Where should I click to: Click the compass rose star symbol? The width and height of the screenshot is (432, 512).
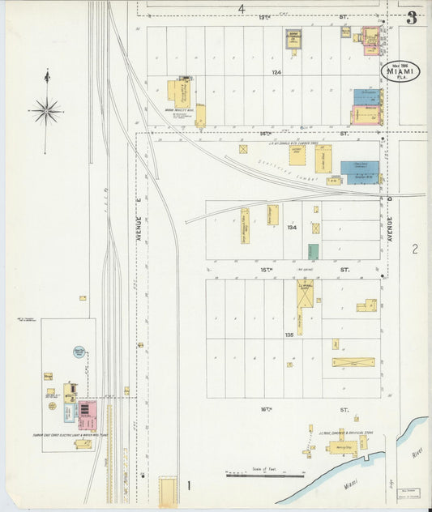[x=47, y=110]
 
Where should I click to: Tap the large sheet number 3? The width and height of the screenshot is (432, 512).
[x=412, y=18]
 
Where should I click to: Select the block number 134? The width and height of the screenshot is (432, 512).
[x=293, y=228]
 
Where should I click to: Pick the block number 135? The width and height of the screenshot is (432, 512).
[x=289, y=334]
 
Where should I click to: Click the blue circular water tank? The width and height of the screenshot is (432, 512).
[x=79, y=352]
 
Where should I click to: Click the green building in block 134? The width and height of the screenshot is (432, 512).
[x=313, y=251]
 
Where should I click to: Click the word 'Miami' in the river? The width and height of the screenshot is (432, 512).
[x=349, y=484]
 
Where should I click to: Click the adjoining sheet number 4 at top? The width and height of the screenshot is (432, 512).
[x=241, y=8]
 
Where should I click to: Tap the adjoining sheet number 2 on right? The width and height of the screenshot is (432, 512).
[x=414, y=249]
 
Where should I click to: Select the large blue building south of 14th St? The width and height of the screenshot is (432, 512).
[x=359, y=172]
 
